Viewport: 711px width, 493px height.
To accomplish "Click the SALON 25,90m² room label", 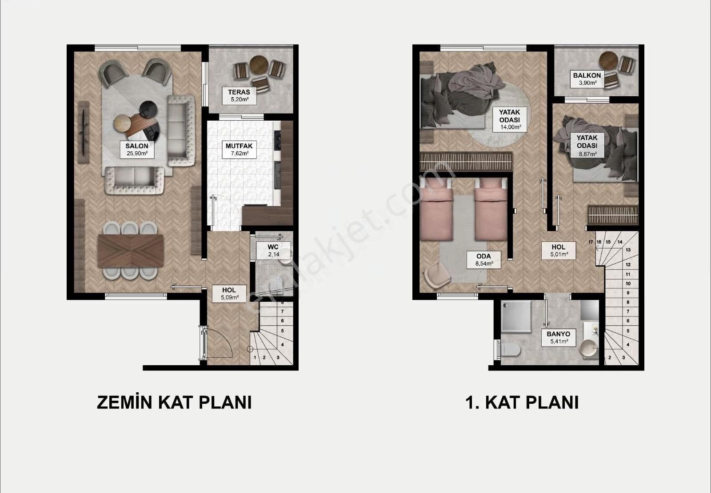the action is (137, 150).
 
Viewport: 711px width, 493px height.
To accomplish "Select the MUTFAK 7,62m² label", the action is (239, 150).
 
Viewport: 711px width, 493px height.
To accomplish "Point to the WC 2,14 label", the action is (273, 250).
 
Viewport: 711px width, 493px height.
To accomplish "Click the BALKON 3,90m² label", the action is (587, 79).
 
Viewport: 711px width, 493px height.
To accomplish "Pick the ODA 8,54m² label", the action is (484, 260).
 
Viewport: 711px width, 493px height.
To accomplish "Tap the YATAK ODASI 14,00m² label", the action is (509, 119).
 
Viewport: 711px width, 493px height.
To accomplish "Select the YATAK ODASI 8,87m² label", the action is (587, 145).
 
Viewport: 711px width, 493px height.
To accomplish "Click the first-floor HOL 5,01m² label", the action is (558, 250).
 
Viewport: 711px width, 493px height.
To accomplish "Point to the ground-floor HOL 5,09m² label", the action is (229, 294).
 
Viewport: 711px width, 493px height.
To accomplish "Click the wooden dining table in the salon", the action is (131, 250).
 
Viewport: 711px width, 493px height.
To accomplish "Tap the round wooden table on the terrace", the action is (260, 65).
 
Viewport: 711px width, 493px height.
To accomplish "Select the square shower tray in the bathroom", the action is (516, 316).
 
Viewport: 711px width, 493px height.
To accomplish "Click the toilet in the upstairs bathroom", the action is (509, 350).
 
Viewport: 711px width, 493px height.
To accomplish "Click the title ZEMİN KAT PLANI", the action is (174, 402).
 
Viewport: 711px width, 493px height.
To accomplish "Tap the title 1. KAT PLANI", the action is (522, 402).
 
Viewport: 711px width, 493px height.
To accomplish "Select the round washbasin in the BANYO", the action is (589, 349).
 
